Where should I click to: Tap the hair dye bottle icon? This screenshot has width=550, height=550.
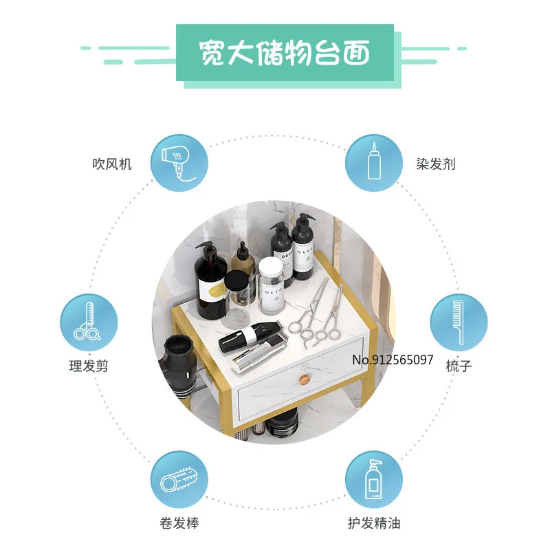[x=373, y=163]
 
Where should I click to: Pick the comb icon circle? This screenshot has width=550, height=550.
[x=459, y=322]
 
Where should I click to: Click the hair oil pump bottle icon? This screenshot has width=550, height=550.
[x=373, y=479]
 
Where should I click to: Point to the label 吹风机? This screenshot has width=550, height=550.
[x=112, y=164]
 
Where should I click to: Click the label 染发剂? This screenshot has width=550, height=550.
[x=435, y=164]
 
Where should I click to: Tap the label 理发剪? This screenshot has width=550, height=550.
[x=88, y=366]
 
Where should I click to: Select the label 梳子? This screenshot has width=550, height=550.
[x=459, y=366]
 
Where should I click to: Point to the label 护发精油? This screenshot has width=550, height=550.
[x=373, y=524]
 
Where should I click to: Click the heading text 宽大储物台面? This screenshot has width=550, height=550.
[x=284, y=52]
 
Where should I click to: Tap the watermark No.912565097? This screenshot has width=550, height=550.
[x=393, y=360]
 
